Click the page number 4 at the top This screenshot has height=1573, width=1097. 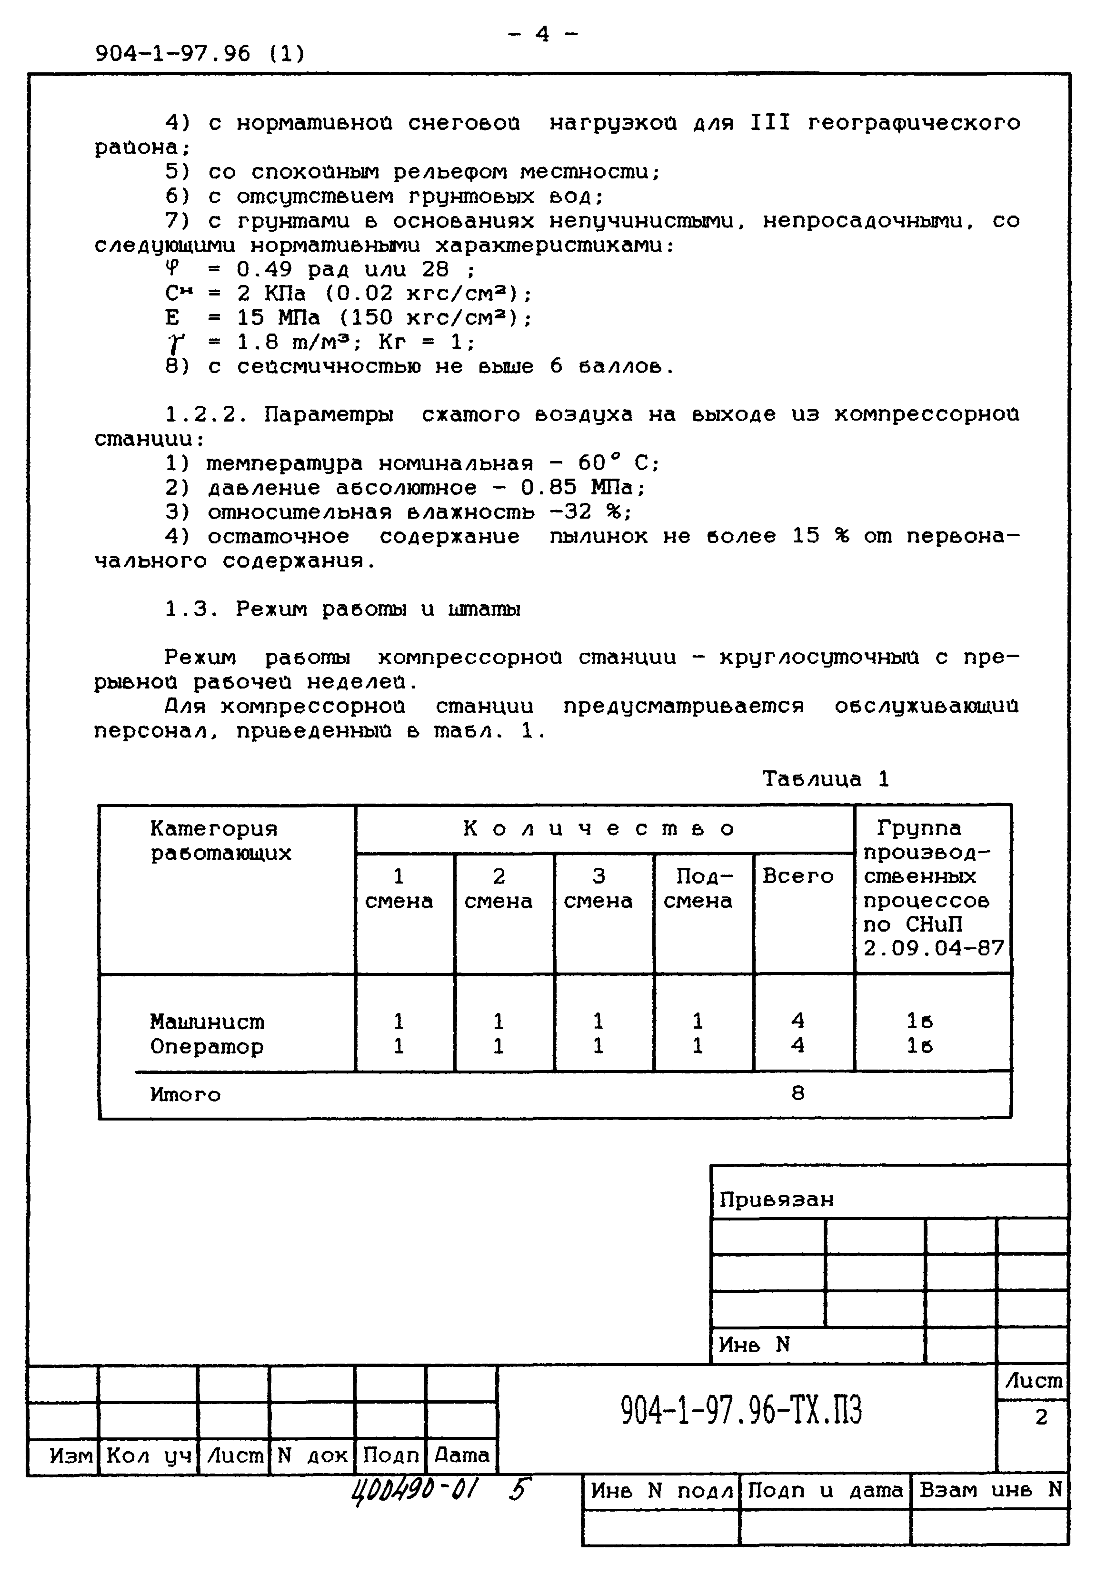coord(542,34)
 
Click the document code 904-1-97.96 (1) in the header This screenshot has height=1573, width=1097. coord(199,53)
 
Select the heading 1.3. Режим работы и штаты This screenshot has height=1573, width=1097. coord(342,609)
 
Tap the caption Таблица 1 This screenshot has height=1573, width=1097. coord(826,779)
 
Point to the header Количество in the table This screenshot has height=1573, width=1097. coord(598,829)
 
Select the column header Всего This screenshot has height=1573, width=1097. coord(798,876)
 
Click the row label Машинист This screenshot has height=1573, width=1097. coord(207,1022)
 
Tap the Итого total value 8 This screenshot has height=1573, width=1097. coord(798,1093)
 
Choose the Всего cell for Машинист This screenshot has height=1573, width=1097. coord(798,1021)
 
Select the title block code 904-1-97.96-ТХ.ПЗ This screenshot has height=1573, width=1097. coord(741,1411)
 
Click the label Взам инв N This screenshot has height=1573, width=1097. coord(990,1489)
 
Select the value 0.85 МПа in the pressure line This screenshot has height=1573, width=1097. coord(582,488)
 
